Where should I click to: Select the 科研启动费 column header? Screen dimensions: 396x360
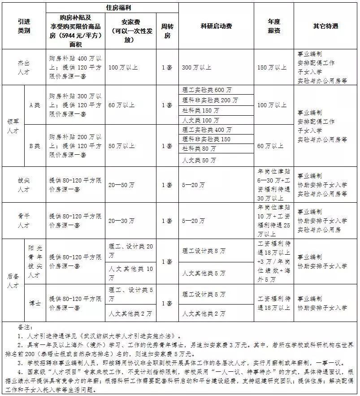217,26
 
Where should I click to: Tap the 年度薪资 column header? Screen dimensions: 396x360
274,26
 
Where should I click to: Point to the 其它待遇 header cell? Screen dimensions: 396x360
325,26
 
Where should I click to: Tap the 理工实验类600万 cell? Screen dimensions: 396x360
208,90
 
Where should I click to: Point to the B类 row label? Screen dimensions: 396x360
35,146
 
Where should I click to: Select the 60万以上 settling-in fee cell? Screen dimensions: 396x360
121,105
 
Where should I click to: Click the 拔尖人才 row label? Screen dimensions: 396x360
24,185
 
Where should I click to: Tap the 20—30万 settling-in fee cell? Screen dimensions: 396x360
121,221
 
